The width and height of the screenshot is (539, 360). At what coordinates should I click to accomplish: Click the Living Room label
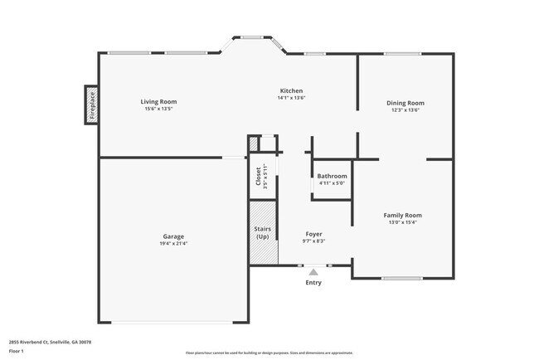tap(158, 102)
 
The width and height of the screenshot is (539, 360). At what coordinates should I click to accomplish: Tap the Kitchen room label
tap(291, 90)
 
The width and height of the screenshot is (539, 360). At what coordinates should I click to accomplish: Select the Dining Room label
tap(405, 103)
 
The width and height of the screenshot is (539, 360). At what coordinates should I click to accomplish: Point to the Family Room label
tap(402, 215)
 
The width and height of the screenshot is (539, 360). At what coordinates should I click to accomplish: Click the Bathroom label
tap(332, 176)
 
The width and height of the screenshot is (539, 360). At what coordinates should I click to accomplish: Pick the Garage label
tap(173, 236)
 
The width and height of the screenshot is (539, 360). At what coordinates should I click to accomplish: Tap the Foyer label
tap(313, 234)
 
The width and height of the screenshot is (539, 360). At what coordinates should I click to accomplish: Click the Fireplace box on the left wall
tap(92, 105)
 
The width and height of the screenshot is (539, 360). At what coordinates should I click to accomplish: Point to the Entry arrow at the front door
tap(313, 271)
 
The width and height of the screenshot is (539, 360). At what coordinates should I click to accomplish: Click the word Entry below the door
tap(313, 283)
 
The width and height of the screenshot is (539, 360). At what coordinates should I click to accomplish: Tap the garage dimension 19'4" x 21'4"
tap(173, 243)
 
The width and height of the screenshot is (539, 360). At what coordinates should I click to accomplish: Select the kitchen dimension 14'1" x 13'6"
tap(291, 98)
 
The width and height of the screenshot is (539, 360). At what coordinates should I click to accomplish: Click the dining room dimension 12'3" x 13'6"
tap(405, 110)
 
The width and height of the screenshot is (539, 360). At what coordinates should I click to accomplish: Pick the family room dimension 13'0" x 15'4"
tap(402, 222)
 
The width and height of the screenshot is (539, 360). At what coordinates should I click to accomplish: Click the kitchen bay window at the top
tap(252, 36)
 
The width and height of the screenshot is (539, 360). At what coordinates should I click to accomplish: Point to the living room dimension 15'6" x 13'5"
tap(158, 109)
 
